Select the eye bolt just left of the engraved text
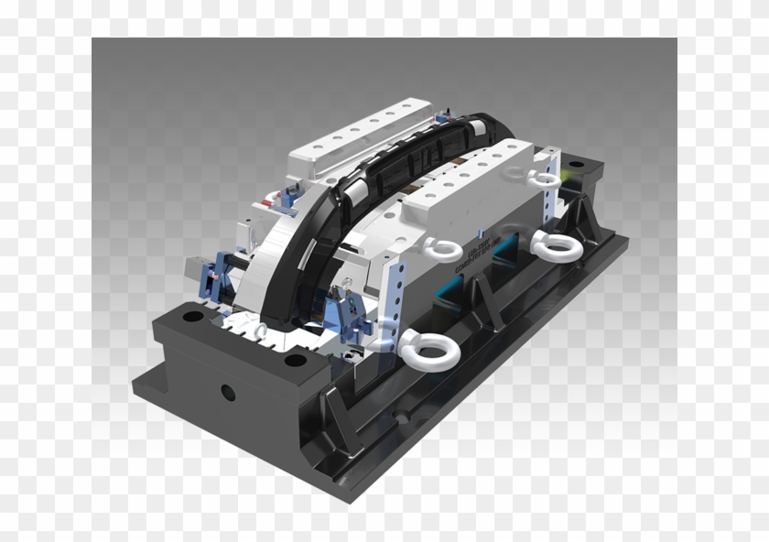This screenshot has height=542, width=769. tap(445, 247)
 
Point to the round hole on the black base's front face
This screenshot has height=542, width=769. tap(227, 394)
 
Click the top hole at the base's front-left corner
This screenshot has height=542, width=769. tap(191, 317)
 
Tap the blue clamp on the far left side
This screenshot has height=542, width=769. tap(209, 276)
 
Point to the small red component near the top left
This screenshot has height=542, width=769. tap(266, 198)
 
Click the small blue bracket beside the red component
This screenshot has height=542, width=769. tap(286, 194)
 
